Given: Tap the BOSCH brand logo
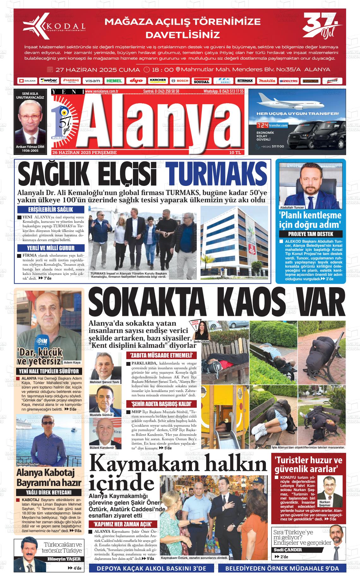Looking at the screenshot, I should (180, 81).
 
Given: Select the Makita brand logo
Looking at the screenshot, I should (267, 81).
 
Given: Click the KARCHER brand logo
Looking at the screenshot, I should (158, 80).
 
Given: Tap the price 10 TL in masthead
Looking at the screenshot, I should (235, 152).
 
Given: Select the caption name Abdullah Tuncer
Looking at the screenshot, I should (292, 208).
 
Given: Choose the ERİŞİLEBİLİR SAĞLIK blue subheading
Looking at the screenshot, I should (51, 210).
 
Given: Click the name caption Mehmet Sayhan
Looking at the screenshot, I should (28, 464).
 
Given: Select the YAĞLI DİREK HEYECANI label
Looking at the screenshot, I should (49, 492).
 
